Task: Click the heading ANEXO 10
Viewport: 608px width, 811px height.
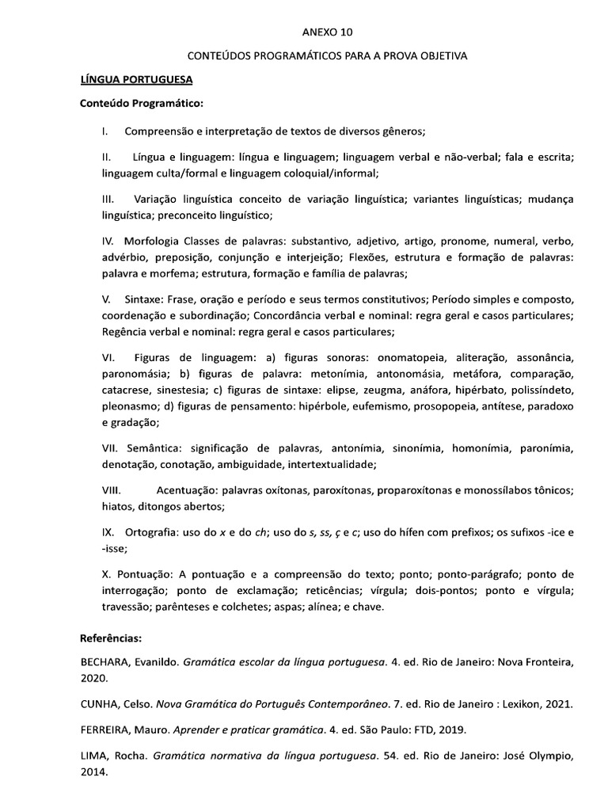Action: (328, 32)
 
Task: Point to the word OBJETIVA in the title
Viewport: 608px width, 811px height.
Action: (445, 56)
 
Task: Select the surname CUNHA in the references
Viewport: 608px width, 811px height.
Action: (101, 702)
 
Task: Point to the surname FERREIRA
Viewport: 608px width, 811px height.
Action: (107, 729)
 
